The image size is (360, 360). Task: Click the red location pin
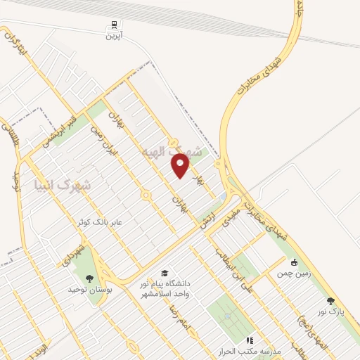tap(181, 165)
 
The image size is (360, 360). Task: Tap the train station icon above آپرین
tap(115, 23)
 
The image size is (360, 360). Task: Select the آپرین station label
tap(115, 34)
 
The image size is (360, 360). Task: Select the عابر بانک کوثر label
tap(102, 222)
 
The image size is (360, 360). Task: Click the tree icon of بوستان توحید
tap(89, 278)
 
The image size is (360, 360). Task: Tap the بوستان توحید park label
tap(86, 289)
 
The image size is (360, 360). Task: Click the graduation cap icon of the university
tap(164, 274)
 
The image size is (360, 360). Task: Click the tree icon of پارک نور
tap(331, 300)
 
